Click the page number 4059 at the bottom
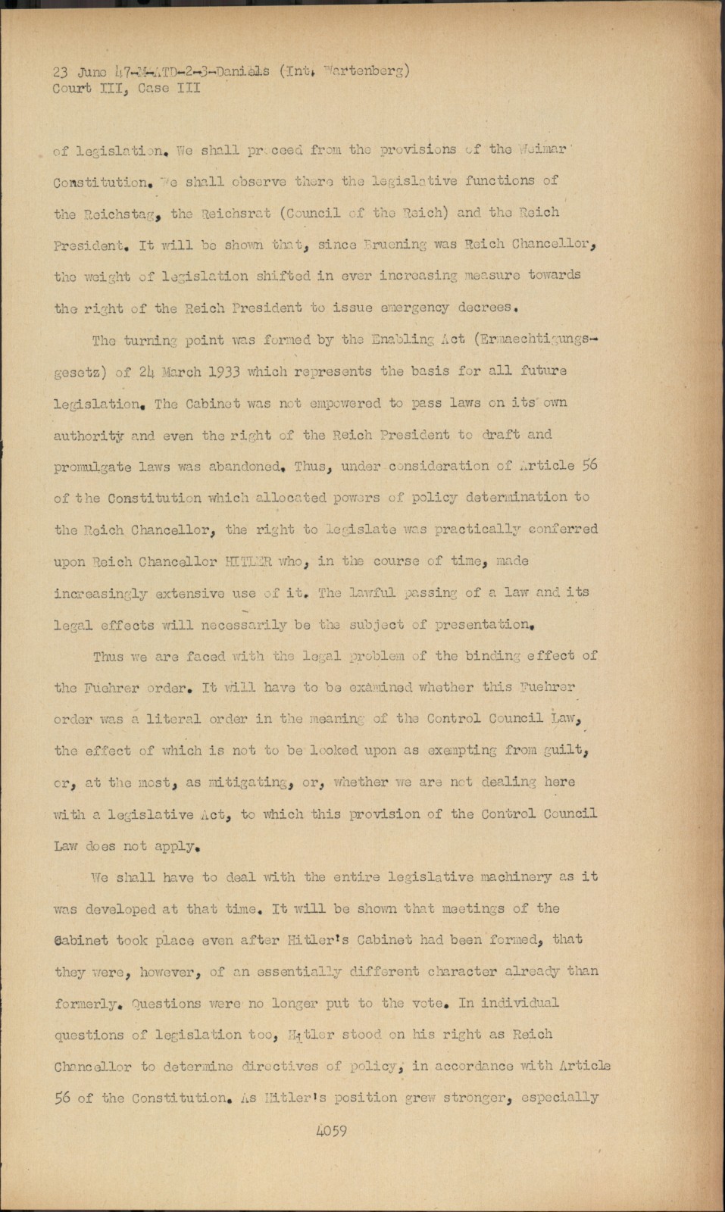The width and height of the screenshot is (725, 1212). point(327,1131)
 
